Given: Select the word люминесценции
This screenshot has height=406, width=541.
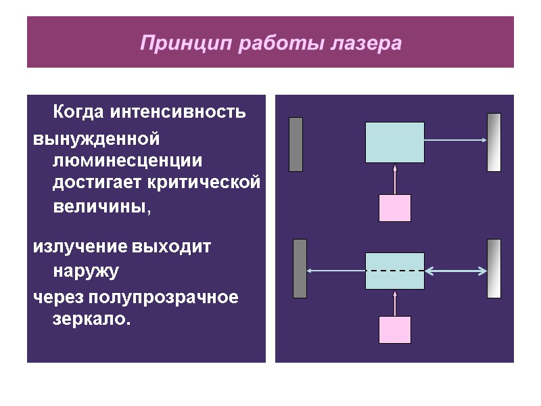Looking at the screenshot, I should tap(128, 161).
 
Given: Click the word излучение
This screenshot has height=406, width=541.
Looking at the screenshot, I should tap(80, 247).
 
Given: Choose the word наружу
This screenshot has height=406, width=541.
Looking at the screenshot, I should tap(86, 271).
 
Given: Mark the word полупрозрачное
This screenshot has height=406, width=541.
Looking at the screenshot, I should tap(165, 297).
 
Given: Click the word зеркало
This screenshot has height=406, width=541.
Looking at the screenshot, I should tap(89, 319).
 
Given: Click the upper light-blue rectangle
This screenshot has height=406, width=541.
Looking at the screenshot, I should tap(395, 142).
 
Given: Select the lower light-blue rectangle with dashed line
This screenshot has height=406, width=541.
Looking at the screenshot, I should tap(395, 271).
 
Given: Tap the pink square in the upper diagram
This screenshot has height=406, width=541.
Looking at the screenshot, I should tap(395, 208).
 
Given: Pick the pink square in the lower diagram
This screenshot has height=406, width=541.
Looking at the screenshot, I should tap(395, 330).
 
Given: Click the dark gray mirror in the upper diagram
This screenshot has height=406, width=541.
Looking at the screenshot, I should tap(296, 144).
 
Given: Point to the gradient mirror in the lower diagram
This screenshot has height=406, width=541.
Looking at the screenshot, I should tap(494, 269).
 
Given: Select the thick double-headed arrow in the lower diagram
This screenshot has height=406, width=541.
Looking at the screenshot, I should tap(456, 271).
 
